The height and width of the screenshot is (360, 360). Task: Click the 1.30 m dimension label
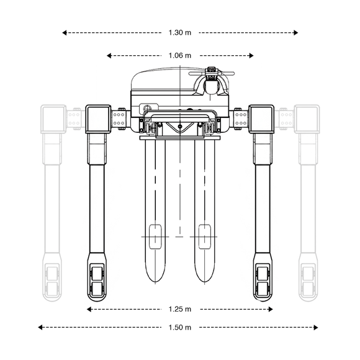pyautogui.click(x=180, y=33)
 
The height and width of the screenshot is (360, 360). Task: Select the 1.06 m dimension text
pyautogui.click(x=180, y=56)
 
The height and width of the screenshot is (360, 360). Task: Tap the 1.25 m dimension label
pyautogui.click(x=180, y=309)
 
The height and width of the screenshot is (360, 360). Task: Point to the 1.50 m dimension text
pyautogui.click(x=180, y=327)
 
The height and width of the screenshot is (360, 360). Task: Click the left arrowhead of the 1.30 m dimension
pyautogui.click(x=65, y=33)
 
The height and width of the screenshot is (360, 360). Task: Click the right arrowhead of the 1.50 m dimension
pyautogui.click(x=316, y=327)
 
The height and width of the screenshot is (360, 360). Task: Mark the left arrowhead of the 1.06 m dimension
pyautogui.click(x=109, y=56)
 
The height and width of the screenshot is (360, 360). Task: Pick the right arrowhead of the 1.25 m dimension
pyautogui.click(x=271, y=309)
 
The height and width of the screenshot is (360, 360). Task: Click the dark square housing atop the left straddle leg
pyautogui.click(x=98, y=119)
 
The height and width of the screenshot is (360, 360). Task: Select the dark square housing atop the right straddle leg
pyautogui.click(x=261, y=119)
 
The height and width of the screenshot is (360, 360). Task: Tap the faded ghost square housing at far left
pyautogui.click(x=53, y=119)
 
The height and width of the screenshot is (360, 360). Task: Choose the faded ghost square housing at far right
pyautogui.click(x=307, y=119)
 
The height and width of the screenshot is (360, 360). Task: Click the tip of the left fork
pyautogui.click(x=155, y=282)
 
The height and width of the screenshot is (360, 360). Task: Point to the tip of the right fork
pyautogui.click(x=205, y=282)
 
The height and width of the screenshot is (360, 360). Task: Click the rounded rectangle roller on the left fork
pyautogui.click(x=155, y=236)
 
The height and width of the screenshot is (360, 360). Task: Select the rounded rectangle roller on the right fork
pyautogui.click(x=205, y=236)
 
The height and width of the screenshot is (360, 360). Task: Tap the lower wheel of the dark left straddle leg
pyautogui.click(x=97, y=289)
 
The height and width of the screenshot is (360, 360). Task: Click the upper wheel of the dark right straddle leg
pyautogui.click(x=263, y=274)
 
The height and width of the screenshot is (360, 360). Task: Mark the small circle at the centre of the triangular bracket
pyautogui.click(x=180, y=126)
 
